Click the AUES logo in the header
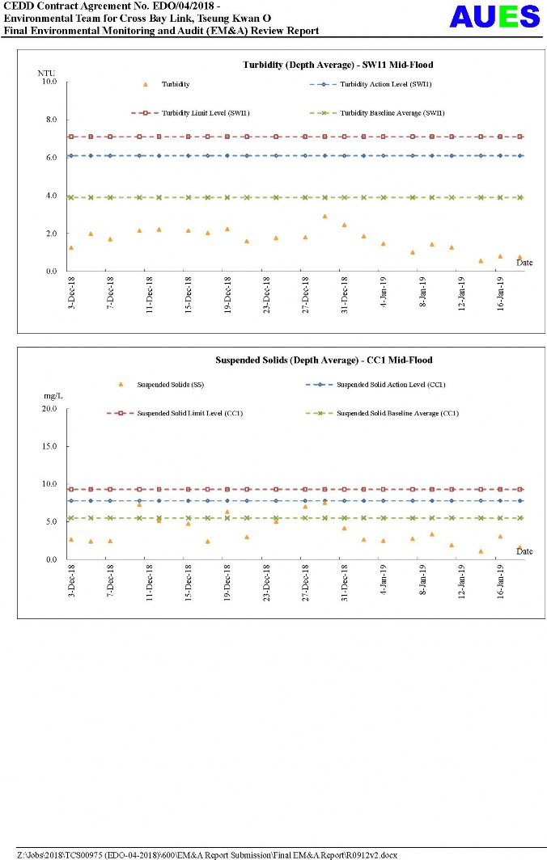click(494, 17)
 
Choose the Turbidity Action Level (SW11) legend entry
click(375, 84)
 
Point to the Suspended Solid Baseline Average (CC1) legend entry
click(397, 413)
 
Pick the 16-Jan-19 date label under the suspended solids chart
click(501, 580)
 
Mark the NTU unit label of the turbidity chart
click(46, 73)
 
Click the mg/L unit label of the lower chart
click(53, 397)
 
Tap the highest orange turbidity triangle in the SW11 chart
click(324, 217)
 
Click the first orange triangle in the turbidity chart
click(71, 247)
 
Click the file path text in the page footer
click(207, 854)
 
